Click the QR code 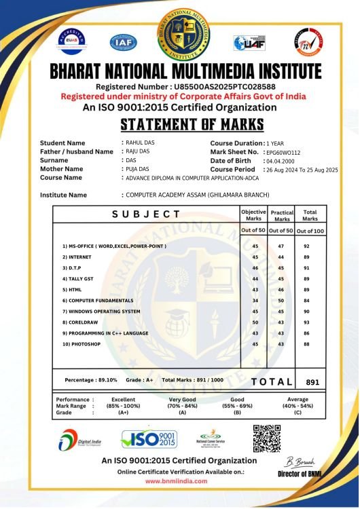tap(267, 438)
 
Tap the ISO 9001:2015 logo tap(149, 439)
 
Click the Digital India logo tap(77, 440)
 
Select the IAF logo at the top tap(124, 43)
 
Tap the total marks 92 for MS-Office tap(307, 246)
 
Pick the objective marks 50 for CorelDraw tap(255, 322)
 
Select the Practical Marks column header tap(281, 216)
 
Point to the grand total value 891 tap(312, 382)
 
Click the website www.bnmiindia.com tap(177, 480)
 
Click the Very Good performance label tap(182, 400)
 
